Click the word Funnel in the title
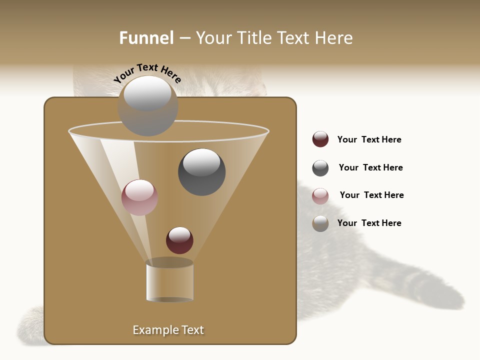pos(146,38)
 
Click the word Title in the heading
pos(254,38)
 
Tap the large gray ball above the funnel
pos(148,105)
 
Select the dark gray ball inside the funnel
pos(201,171)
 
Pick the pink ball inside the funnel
pos(139,197)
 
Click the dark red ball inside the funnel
pos(179,240)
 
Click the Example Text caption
pos(168,330)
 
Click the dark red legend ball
pos(320,139)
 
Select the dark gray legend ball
pos(320,168)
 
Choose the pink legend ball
pos(320,196)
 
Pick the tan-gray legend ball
pos(320,223)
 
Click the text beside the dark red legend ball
pos(369,139)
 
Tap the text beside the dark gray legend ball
pos(370,167)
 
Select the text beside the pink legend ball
pos(371,195)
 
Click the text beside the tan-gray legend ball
pos(369,223)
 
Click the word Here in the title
pos(333,38)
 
